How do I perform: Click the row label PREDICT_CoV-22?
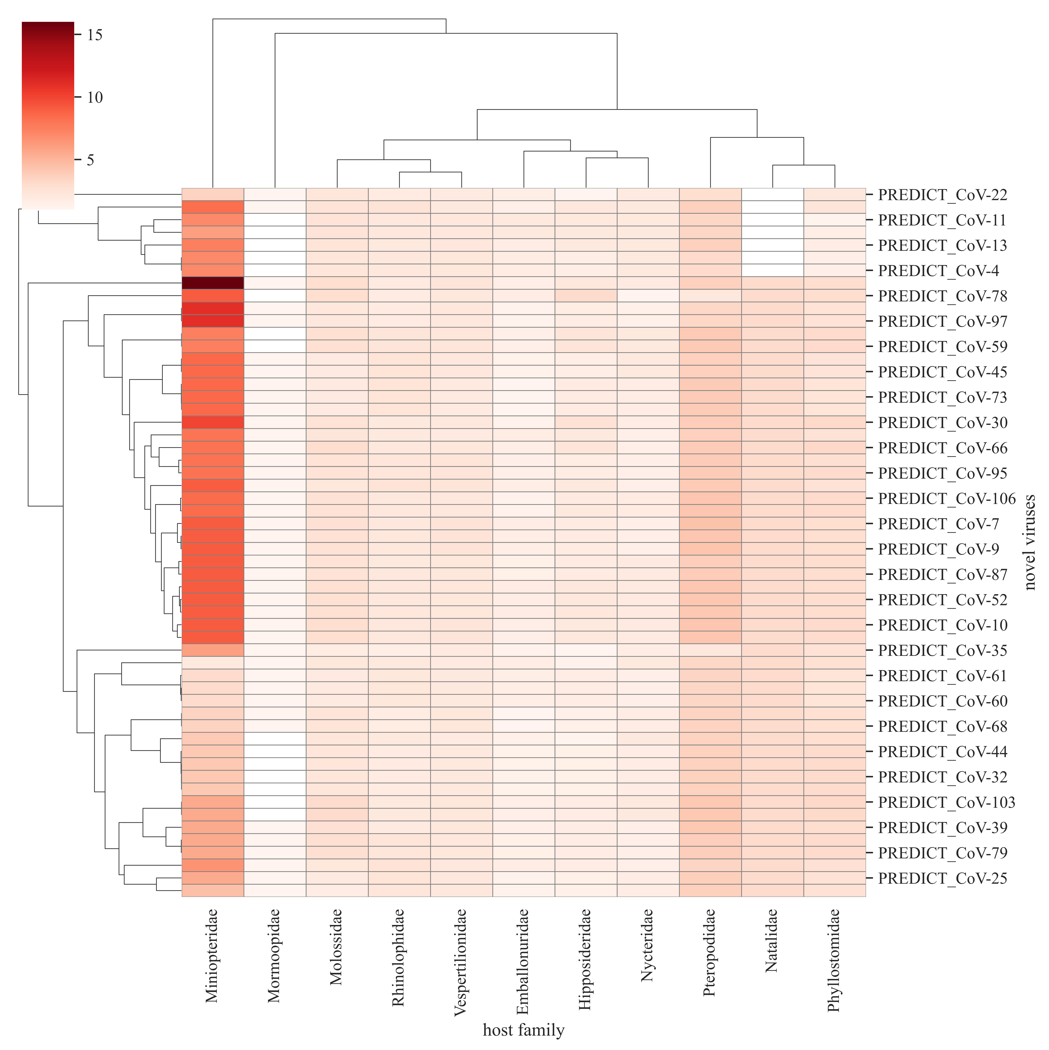coord(942,195)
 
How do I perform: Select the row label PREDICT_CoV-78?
coord(942,296)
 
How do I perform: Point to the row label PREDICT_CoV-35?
coord(942,650)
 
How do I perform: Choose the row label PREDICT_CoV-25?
coord(942,878)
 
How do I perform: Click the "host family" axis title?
coord(523,1030)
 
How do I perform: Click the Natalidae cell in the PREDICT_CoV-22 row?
coord(772,195)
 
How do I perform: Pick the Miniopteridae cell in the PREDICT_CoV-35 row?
coord(212,650)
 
